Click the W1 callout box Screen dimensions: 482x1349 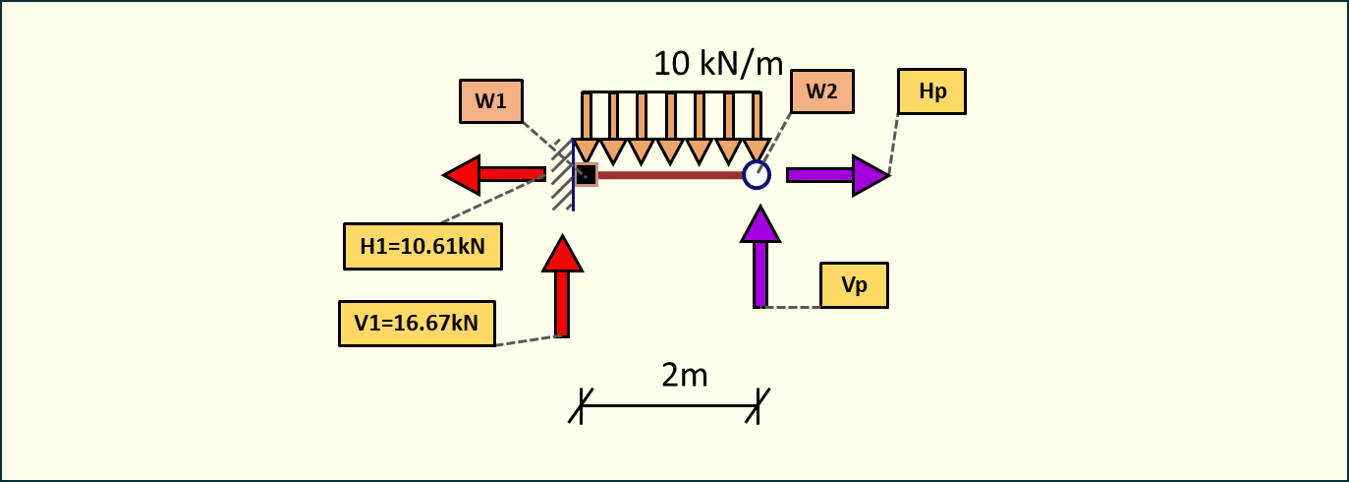pyautogui.click(x=490, y=101)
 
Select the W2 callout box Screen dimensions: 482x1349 pyautogui.click(x=821, y=91)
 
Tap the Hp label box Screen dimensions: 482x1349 pyautogui.click(x=931, y=91)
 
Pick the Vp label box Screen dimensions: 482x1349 pyautogui.click(x=854, y=285)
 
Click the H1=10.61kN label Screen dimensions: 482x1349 pyautogui.click(x=422, y=246)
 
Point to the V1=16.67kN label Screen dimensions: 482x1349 pyautogui.click(x=417, y=324)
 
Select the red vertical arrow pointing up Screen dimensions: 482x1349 pyautogui.click(x=562, y=286)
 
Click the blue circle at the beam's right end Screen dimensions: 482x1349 pyautogui.click(x=757, y=175)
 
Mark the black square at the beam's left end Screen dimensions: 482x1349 pyautogui.click(x=586, y=175)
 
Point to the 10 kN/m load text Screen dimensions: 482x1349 pyautogui.click(x=718, y=64)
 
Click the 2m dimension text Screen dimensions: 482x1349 pyautogui.click(x=685, y=375)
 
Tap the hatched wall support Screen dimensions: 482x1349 pyautogui.click(x=562, y=175)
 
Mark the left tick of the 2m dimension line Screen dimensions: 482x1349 pyautogui.click(x=581, y=405)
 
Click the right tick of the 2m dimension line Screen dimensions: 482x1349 pyautogui.click(x=758, y=405)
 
